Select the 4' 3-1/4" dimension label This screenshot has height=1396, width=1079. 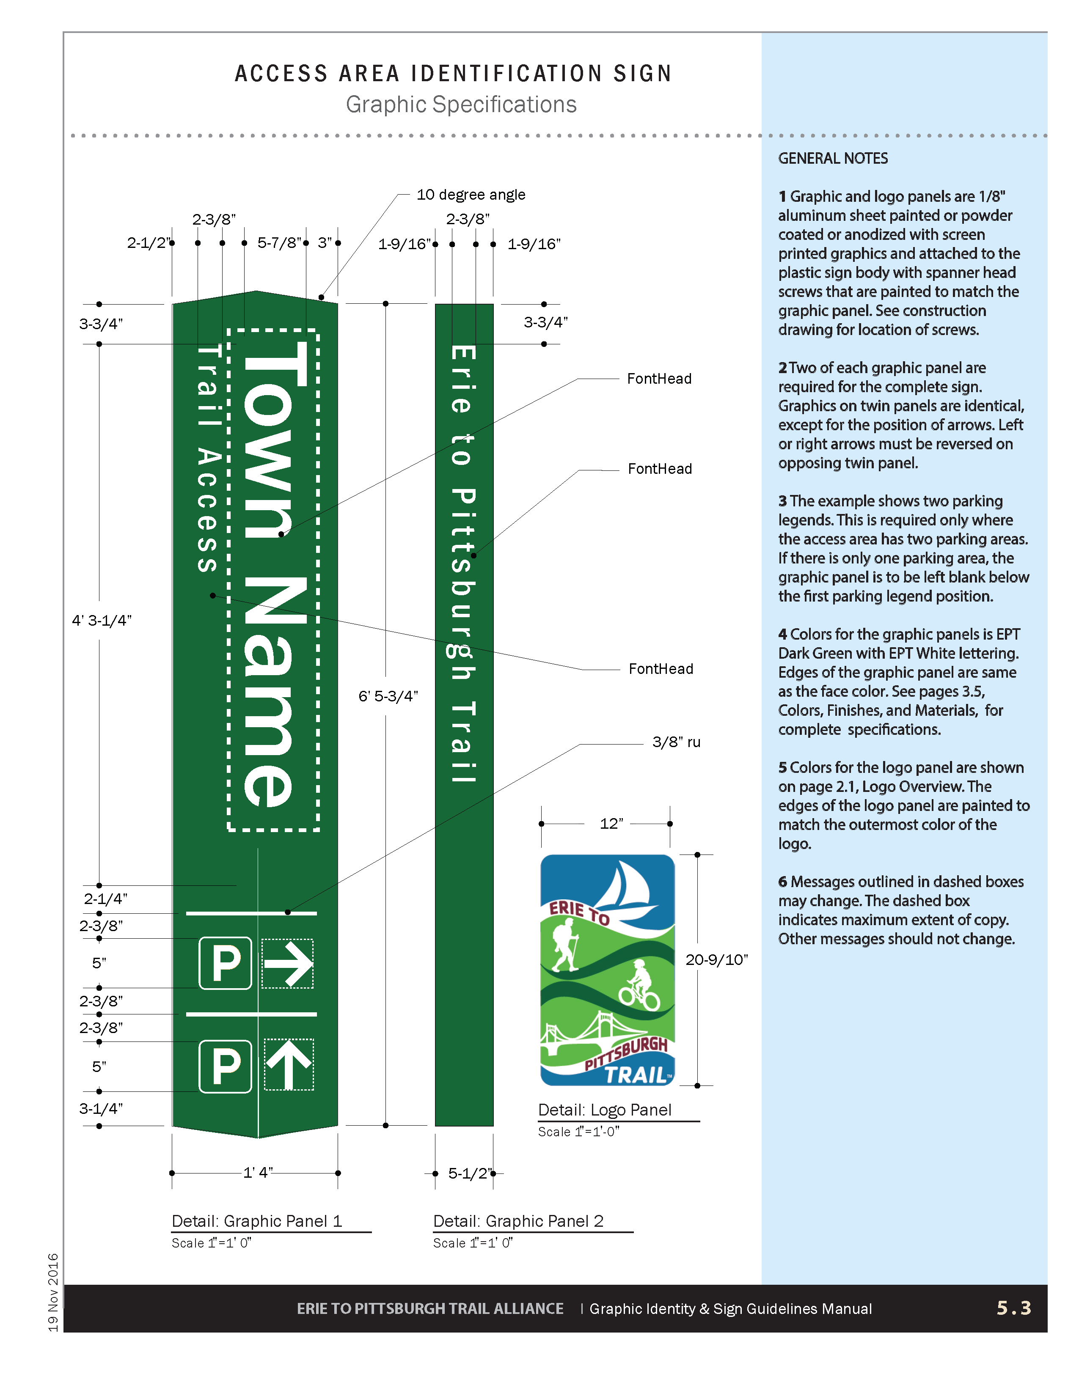pyautogui.click(x=101, y=620)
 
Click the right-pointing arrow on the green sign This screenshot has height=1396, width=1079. pyautogui.click(x=288, y=963)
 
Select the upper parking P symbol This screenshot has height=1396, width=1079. pyautogui.click(x=226, y=963)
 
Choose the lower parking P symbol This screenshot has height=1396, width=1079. pyautogui.click(x=226, y=1066)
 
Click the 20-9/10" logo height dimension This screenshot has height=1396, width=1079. pyautogui.click(x=716, y=959)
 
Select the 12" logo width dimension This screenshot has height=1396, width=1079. pyautogui.click(x=611, y=823)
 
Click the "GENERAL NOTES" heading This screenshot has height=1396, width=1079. pyautogui.click(x=832, y=159)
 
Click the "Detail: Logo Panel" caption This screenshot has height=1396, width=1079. pyautogui.click(x=604, y=1110)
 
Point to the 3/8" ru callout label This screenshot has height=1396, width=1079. pyautogui.click(x=676, y=742)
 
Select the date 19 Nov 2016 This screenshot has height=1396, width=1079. pyautogui.click(x=53, y=1292)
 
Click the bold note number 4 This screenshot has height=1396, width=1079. pyautogui.click(x=782, y=634)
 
